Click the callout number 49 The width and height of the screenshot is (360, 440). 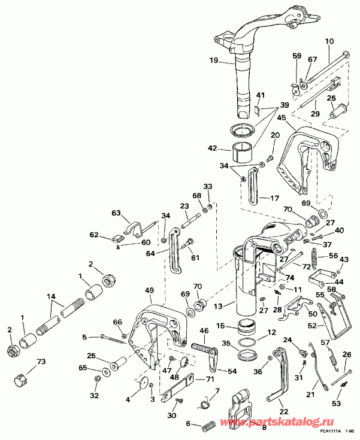(x=149, y=290)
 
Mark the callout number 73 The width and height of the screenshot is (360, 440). (x=41, y=362)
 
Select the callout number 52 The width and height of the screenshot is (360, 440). (x=329, y=326)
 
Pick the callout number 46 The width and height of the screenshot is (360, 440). (x=204, y=330)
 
